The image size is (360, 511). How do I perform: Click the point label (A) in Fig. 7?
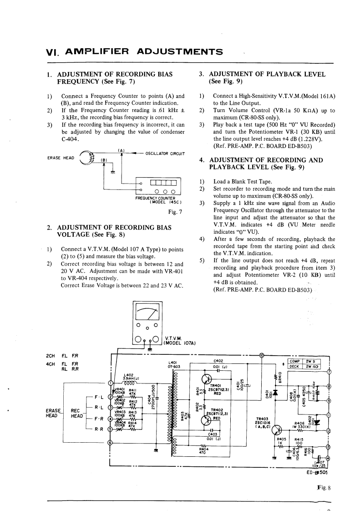point(122,151)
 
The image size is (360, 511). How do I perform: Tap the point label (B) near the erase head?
point(103,160)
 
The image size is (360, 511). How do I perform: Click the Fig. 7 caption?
point(175,212)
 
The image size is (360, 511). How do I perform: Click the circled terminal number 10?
point(261,355)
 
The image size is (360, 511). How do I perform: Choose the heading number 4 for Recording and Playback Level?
point(202,160)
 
